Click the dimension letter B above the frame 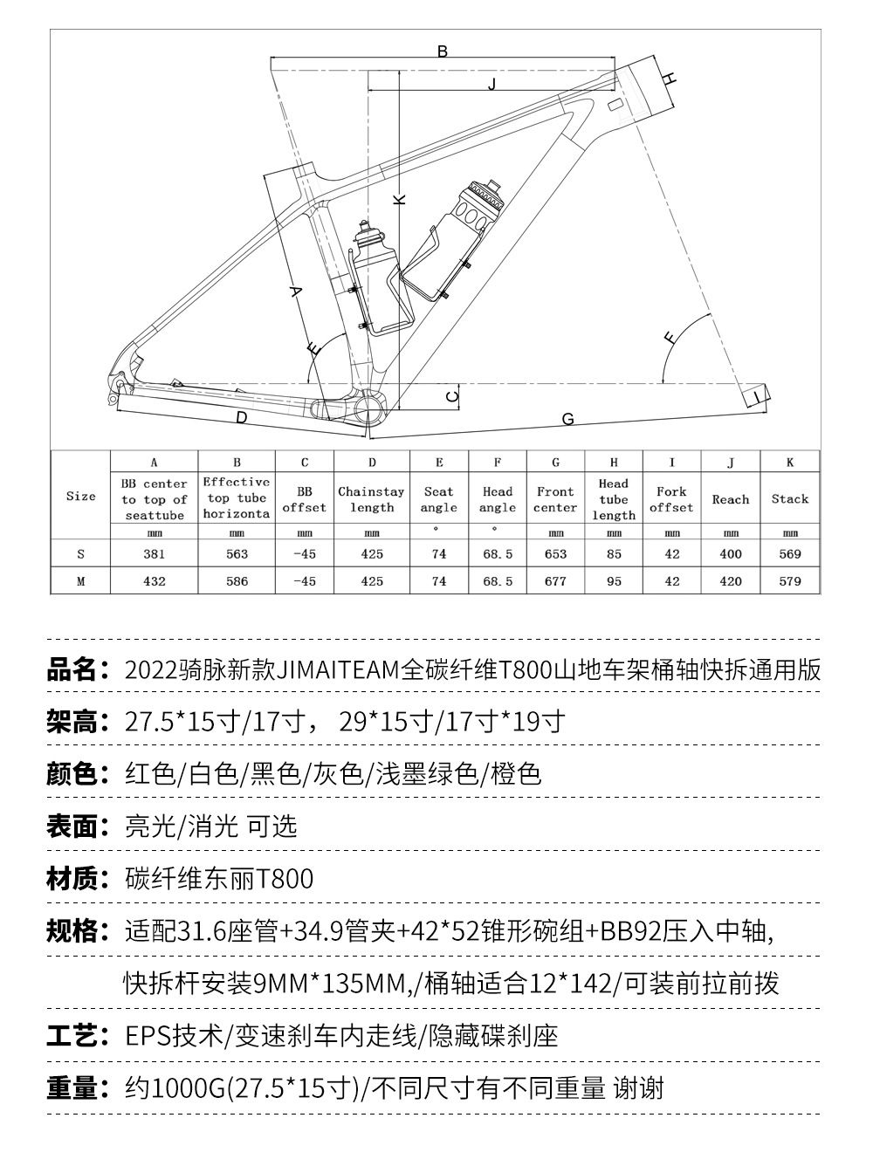click(x=443, y=51)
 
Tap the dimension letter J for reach click(x=491, y=83)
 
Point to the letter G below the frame click(x=567, y=420)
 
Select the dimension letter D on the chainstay click(x=242, y=418)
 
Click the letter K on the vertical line click(x=400, y=199)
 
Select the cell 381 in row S click(x=154, y=553)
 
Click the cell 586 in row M click(x=237, y=580)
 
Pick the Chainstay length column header click(x=372, y=499)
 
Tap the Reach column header click(x=731, y=499)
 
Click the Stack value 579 click(x=790, y=580)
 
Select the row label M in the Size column click(x=80, y=580)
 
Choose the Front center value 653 click(x=555, y=553)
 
